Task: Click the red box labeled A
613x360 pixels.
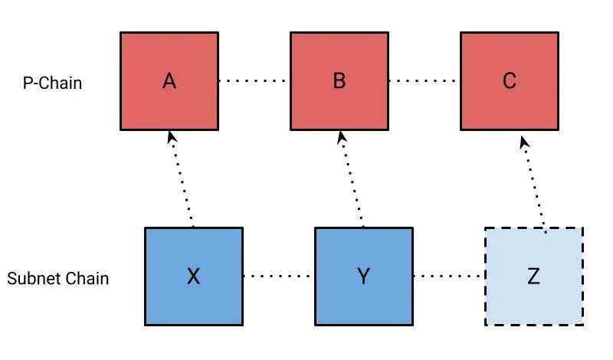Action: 169,81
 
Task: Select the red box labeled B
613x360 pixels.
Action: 339,81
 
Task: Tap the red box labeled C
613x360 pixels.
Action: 510,81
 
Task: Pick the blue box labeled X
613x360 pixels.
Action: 194,277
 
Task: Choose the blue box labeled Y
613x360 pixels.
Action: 364,277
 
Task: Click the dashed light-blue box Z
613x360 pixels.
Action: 534,277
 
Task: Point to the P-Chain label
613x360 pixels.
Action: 52,83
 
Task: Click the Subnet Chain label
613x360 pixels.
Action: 58,278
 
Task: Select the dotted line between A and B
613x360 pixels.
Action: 254,81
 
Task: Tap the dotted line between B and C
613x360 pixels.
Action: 425,81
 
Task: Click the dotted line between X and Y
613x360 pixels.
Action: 279,276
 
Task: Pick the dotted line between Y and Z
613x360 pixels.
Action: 449,276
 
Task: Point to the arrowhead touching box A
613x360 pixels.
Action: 171,136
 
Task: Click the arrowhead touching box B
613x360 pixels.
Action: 341,136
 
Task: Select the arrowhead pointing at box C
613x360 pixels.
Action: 524,142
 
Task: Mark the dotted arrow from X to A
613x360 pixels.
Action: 181,179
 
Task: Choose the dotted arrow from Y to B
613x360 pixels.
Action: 351,179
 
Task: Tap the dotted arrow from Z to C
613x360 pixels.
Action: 533,185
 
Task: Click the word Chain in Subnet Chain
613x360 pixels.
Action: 87,278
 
